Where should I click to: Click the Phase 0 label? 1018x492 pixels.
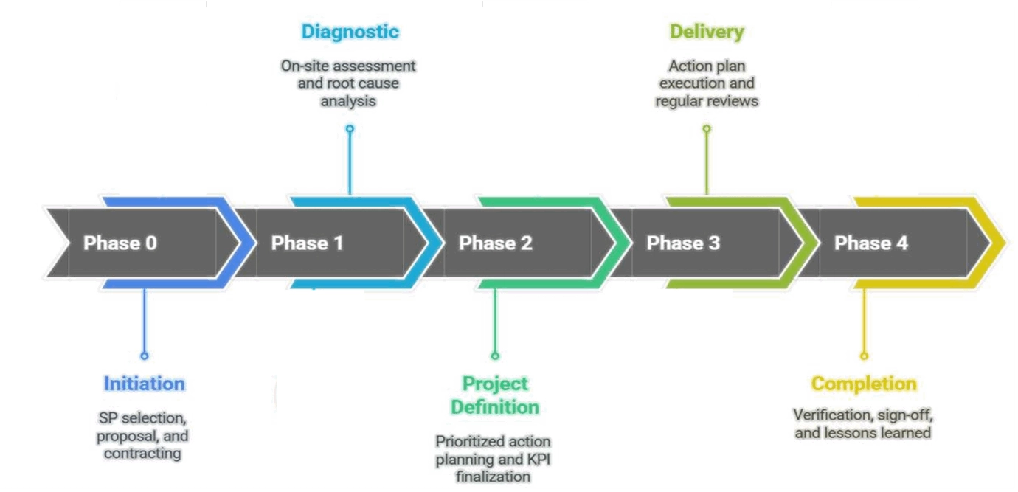tap(120, 243)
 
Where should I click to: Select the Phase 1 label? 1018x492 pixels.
tap(308, 243)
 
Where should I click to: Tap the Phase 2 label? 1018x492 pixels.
tap(495, 243)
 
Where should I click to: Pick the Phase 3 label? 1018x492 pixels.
tap(683, 243)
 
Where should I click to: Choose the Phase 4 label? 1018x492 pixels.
tap(870, 243)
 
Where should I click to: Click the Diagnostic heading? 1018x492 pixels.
tap(350, 32)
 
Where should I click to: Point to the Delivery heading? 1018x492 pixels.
tap(707, 32)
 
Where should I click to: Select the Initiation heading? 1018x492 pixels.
tap(144, 384)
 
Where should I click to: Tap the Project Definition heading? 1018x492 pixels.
tap(495, 395)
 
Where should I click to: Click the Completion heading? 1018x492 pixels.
tap(863, 384)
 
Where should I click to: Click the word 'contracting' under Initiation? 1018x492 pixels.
tap(142, 453)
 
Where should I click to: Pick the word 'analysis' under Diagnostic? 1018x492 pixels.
tap(348, 101)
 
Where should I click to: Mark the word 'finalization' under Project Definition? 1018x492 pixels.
tap(493, 477)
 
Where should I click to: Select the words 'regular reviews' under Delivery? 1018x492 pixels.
tap(707, 101)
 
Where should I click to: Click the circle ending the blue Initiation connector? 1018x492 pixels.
tap(144, 356)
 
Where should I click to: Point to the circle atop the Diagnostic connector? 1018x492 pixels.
tap(350, 128)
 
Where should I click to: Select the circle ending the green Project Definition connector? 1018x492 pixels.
tap(495, 356)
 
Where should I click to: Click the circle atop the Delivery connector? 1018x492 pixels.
tap(707, 128)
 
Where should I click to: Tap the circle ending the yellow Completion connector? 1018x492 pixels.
tap(863, 356)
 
